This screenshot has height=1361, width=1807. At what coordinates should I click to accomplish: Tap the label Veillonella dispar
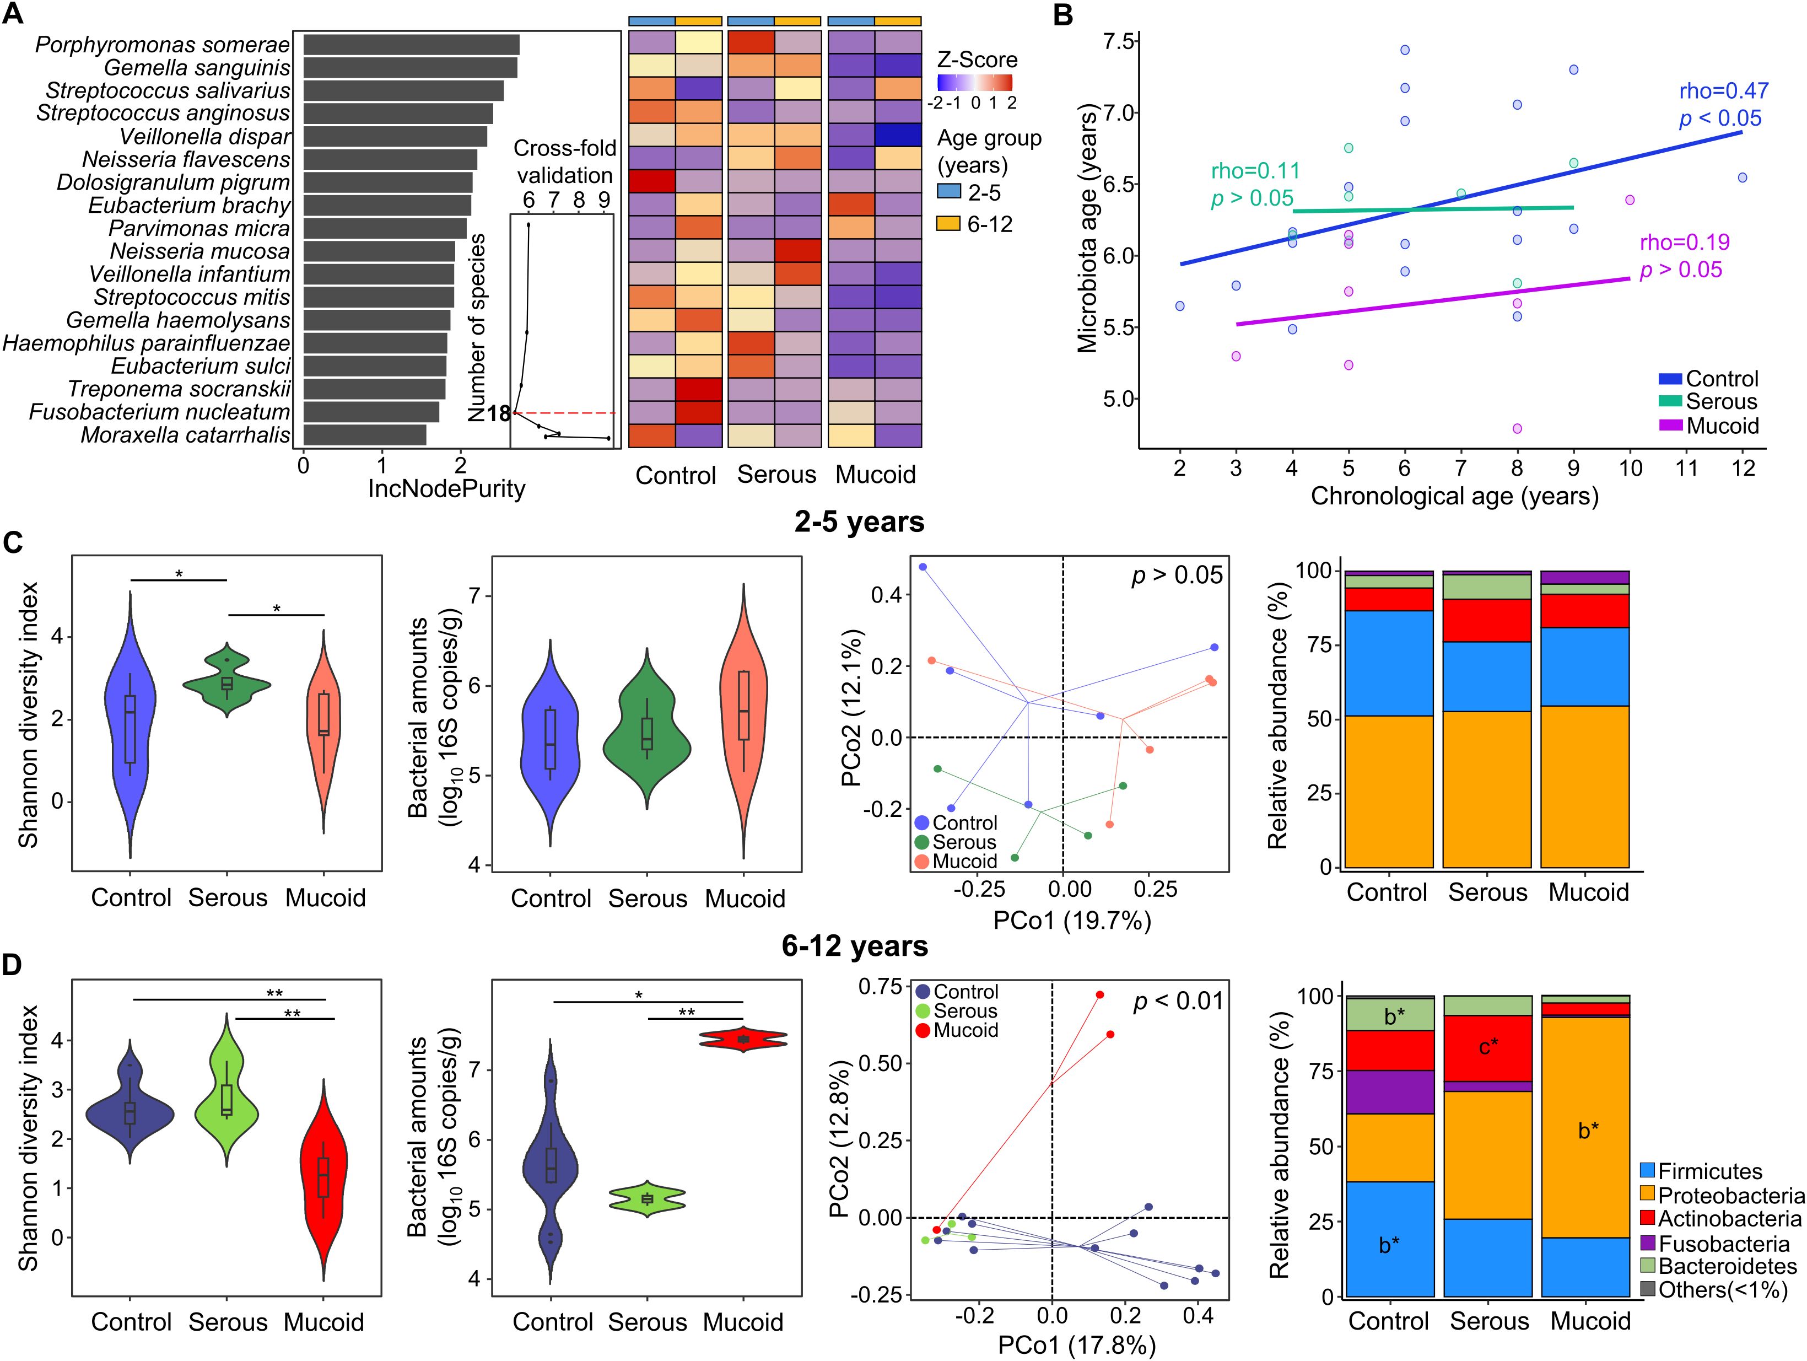205,136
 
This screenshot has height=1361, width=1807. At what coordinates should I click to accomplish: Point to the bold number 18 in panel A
498,414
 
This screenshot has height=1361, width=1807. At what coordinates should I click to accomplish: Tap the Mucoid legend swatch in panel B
1670,426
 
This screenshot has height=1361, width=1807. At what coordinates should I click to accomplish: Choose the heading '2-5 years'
859,522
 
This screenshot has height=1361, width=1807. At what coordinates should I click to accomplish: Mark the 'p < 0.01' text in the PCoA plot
1177,1002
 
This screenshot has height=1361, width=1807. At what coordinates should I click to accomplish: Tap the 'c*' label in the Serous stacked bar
1488,1046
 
